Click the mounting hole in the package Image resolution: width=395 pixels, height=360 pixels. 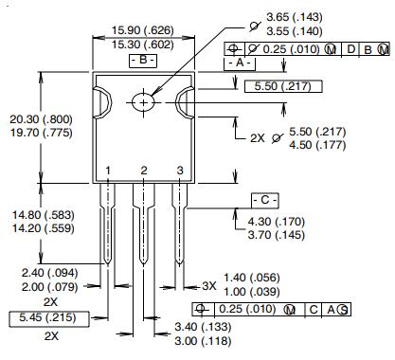(x=144, y=100)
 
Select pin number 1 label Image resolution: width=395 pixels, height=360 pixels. (x=108, y=170)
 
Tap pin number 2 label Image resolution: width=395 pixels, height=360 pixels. (x=144, y=170)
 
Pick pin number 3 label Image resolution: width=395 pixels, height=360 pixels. (x=180, y=170)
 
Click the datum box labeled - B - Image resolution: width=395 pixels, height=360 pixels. (x=142, y=60)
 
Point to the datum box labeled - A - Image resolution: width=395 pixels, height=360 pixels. (x=237, y=62)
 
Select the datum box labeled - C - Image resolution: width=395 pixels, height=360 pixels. (x=265, y=201)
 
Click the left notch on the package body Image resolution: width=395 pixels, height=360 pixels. (x=101, y=100)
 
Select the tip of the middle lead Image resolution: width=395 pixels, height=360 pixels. (x=144, y=263)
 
